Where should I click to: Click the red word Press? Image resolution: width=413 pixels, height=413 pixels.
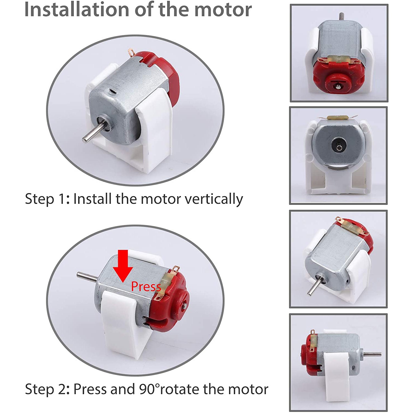point(146,287)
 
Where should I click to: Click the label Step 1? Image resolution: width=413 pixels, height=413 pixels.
point(47,199)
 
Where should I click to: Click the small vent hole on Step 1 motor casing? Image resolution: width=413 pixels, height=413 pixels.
point(112,91)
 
